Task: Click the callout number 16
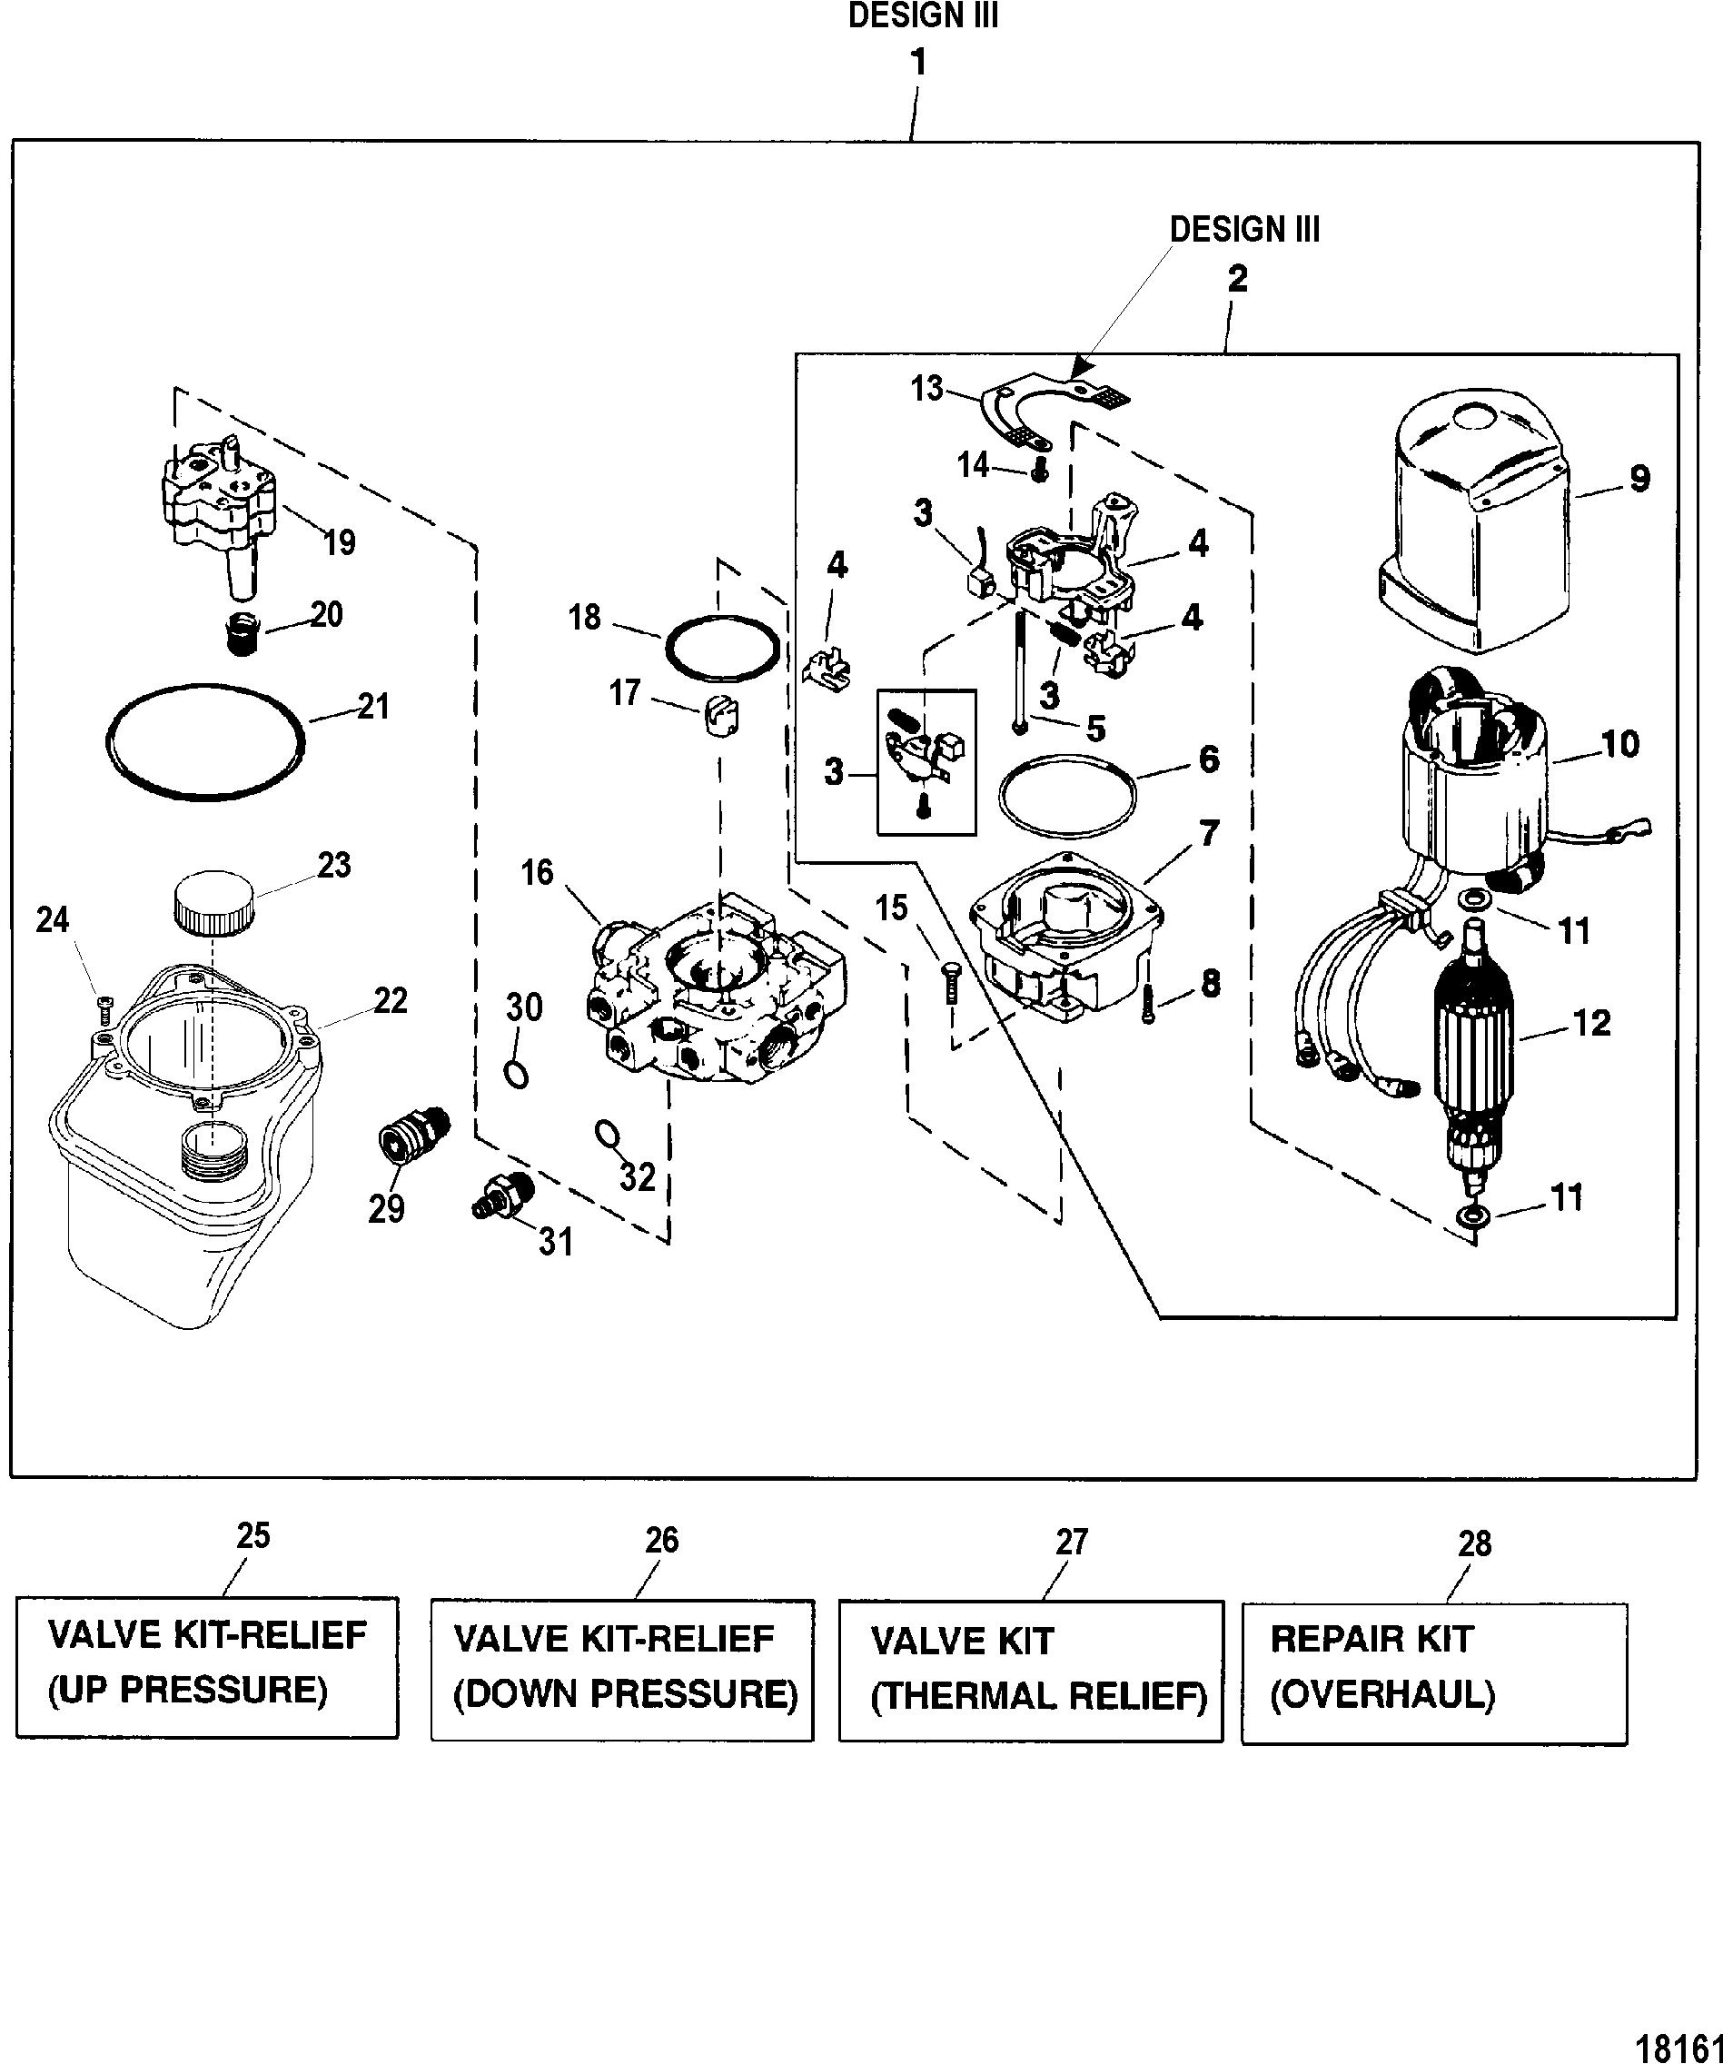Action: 538,873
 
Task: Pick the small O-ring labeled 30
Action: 516,1075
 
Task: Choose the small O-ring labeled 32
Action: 608,1136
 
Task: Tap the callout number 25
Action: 253,1536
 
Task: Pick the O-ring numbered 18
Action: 723,648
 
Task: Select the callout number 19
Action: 340,543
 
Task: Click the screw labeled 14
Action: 1038,472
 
